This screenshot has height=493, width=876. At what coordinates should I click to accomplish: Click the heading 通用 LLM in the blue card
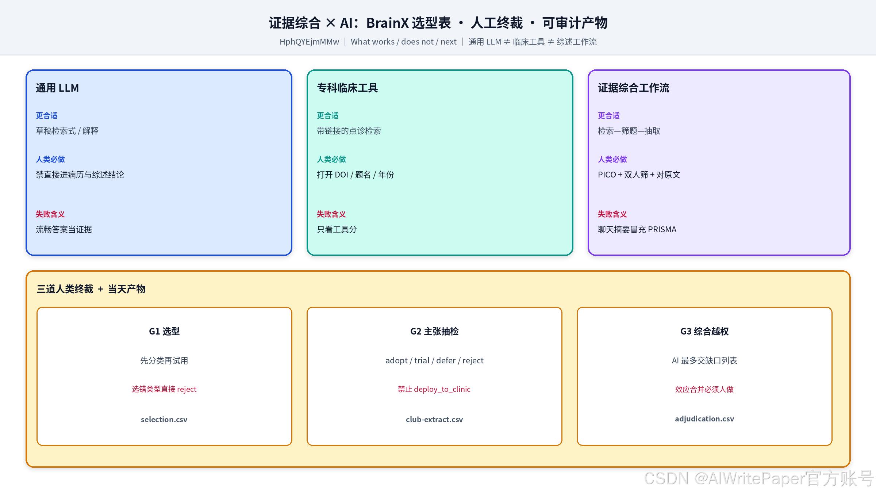(57, 88)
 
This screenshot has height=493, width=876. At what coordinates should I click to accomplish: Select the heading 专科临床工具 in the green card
(347, 88)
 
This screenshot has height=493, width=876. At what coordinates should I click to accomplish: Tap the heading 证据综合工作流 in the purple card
(633, 88)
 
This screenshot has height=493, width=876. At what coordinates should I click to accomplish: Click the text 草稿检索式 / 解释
(67, 131)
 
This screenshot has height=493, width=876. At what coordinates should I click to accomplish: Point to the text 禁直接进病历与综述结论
(80, 175)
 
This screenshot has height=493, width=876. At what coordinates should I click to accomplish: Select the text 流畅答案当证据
(64, 229)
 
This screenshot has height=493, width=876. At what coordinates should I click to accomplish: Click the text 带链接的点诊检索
(349, 131)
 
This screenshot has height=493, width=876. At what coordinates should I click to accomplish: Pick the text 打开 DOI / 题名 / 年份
(356, 175)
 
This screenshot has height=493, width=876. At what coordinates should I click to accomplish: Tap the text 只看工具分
(337, 229)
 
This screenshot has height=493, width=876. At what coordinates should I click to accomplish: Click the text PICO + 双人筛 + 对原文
(639, 175)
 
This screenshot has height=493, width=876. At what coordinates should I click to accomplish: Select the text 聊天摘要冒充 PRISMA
(637, 229)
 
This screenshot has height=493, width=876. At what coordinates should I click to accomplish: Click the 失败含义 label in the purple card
(612, 214)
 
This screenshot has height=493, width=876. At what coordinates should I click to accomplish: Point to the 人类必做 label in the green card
(331, 159)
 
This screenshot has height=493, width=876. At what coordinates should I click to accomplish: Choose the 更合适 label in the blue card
(47, 115)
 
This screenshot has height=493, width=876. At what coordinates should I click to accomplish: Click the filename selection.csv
(164, 419)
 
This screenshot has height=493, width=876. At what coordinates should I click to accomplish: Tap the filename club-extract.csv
(434, 419)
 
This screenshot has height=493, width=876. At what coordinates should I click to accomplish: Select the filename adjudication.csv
(704, 419)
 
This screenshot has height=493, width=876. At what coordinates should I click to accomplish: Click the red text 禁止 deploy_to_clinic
(434, 389)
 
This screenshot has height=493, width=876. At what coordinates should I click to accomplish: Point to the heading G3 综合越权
(704, 331)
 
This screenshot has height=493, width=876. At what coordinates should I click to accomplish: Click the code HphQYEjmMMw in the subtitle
(310, 42)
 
